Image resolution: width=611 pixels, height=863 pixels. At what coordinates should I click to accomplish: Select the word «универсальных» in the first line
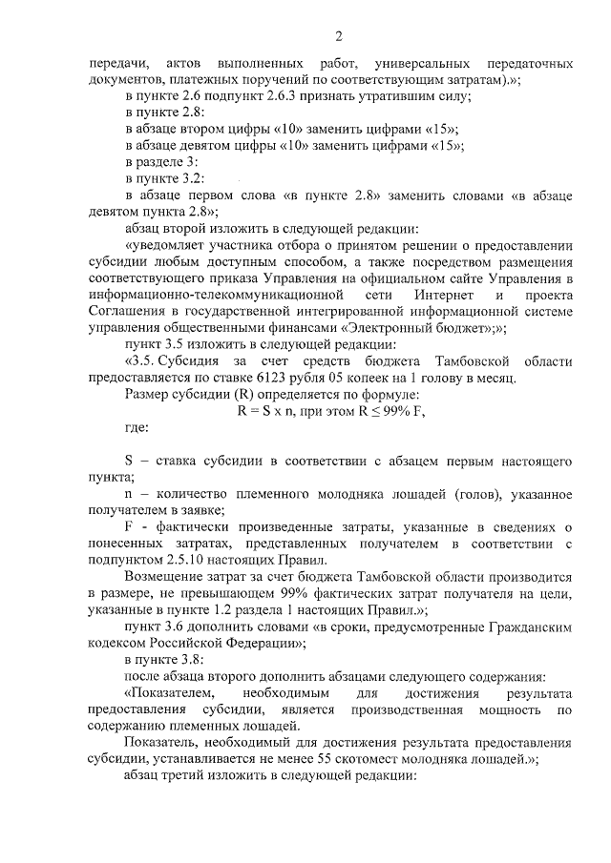tap(423, 63)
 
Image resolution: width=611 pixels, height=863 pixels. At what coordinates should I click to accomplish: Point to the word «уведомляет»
tap(166, 244)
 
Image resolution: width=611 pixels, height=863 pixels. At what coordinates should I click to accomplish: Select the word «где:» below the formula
tap(138, 427)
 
